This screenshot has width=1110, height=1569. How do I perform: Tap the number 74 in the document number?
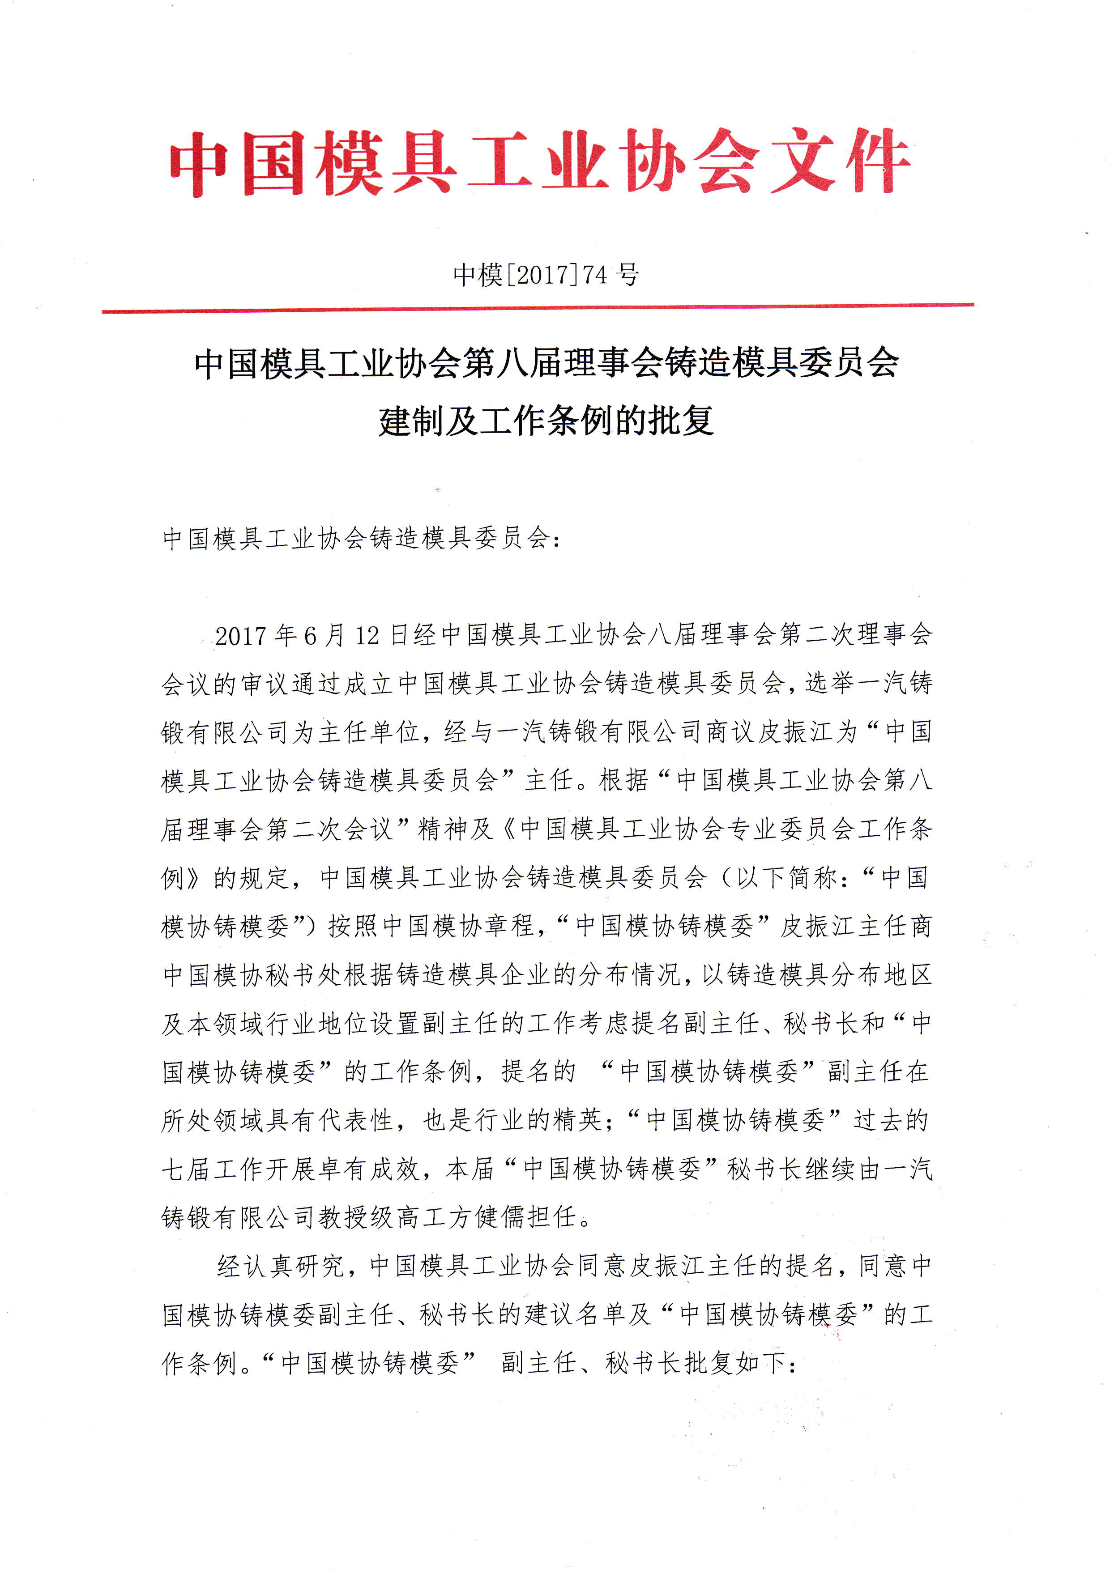(x=595, y=275)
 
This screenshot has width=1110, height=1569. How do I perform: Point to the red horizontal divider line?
(x=538, y=309)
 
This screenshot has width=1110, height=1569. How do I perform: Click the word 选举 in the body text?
(x=831, y=683)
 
